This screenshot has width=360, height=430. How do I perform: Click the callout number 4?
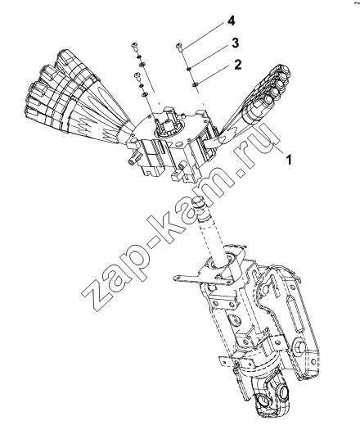tap(232, 20)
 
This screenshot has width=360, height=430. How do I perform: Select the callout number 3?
tap(235, 43)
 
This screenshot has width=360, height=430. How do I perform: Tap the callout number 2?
tap(237, 65)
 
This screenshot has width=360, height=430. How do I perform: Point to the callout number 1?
tap(289, 160)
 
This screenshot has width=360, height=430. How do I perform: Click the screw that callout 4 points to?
tap(178, 48)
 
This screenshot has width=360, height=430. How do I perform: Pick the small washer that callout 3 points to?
tap(189, 68)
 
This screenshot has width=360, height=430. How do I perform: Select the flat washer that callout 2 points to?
tap(195, 84)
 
